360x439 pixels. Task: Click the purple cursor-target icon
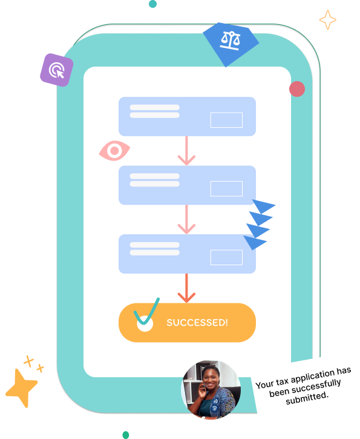click(56, 70)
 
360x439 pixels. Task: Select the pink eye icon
click(114, 151)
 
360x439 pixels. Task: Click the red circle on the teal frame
click(297, 89)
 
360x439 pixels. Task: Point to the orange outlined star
click(327, 20)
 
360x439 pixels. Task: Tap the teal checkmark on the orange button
click(146, 312)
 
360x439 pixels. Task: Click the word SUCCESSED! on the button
click(197, 323)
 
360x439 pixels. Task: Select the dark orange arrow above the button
click(186, 288)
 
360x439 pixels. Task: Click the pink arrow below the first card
click(186, 151)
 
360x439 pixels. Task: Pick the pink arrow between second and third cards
click(186, 219)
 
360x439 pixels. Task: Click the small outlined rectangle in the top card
click(226, 120)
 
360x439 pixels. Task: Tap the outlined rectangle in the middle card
click(226, 189)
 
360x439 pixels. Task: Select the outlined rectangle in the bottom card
click(226, 257)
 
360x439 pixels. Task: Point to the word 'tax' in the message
click(282, 381)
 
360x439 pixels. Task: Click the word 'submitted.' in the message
click(307, 398)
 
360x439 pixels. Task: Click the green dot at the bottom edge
click(126, 435)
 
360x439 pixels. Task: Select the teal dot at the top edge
click(152, 4)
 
